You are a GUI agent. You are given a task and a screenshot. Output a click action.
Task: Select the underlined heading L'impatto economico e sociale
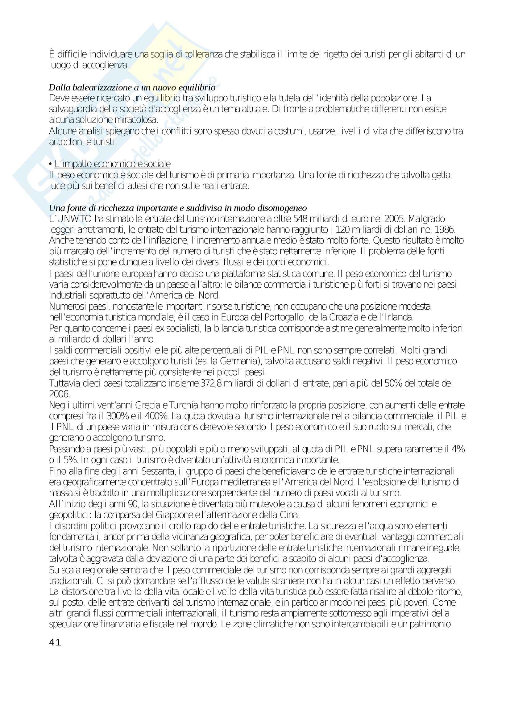pos(113,164)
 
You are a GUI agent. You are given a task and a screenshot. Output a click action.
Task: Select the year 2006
pos(59,394)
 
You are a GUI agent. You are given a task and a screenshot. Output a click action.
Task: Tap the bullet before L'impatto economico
pos(51,164)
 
